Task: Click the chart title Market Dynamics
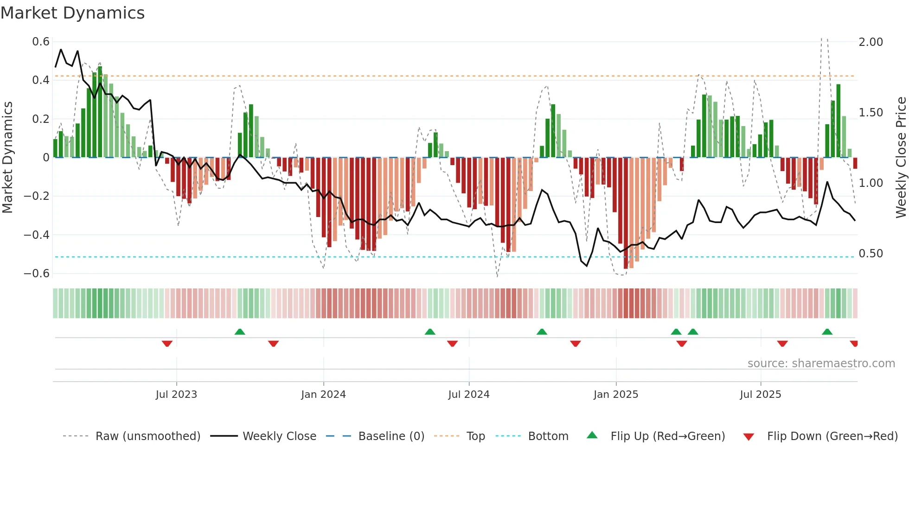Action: pyautogui.click(x=73, y=13)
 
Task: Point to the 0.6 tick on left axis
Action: pyautogui.click(x=41, y=42)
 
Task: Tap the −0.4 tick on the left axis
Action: pyautogui.click(x=37, y=235)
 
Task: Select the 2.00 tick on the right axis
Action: pyautogui.click(x=871, y=42)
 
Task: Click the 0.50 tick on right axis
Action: pyautogui.click(x=871, y=254)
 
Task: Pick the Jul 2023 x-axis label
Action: pyautogui.click(x=176, y=395)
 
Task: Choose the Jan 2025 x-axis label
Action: pyautogui.click(x=615, y=395)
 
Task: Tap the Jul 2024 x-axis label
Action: pyautogui.click(x=468, y=395)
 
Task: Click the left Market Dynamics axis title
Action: pyautogui.click(x=7, y=158)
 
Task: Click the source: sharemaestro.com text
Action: pyautogui.click(x=821, y=364)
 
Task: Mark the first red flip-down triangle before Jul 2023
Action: pyautogui.click(x=167, y=344)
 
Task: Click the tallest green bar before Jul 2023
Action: pyautogui.click(x=100, y=111)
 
